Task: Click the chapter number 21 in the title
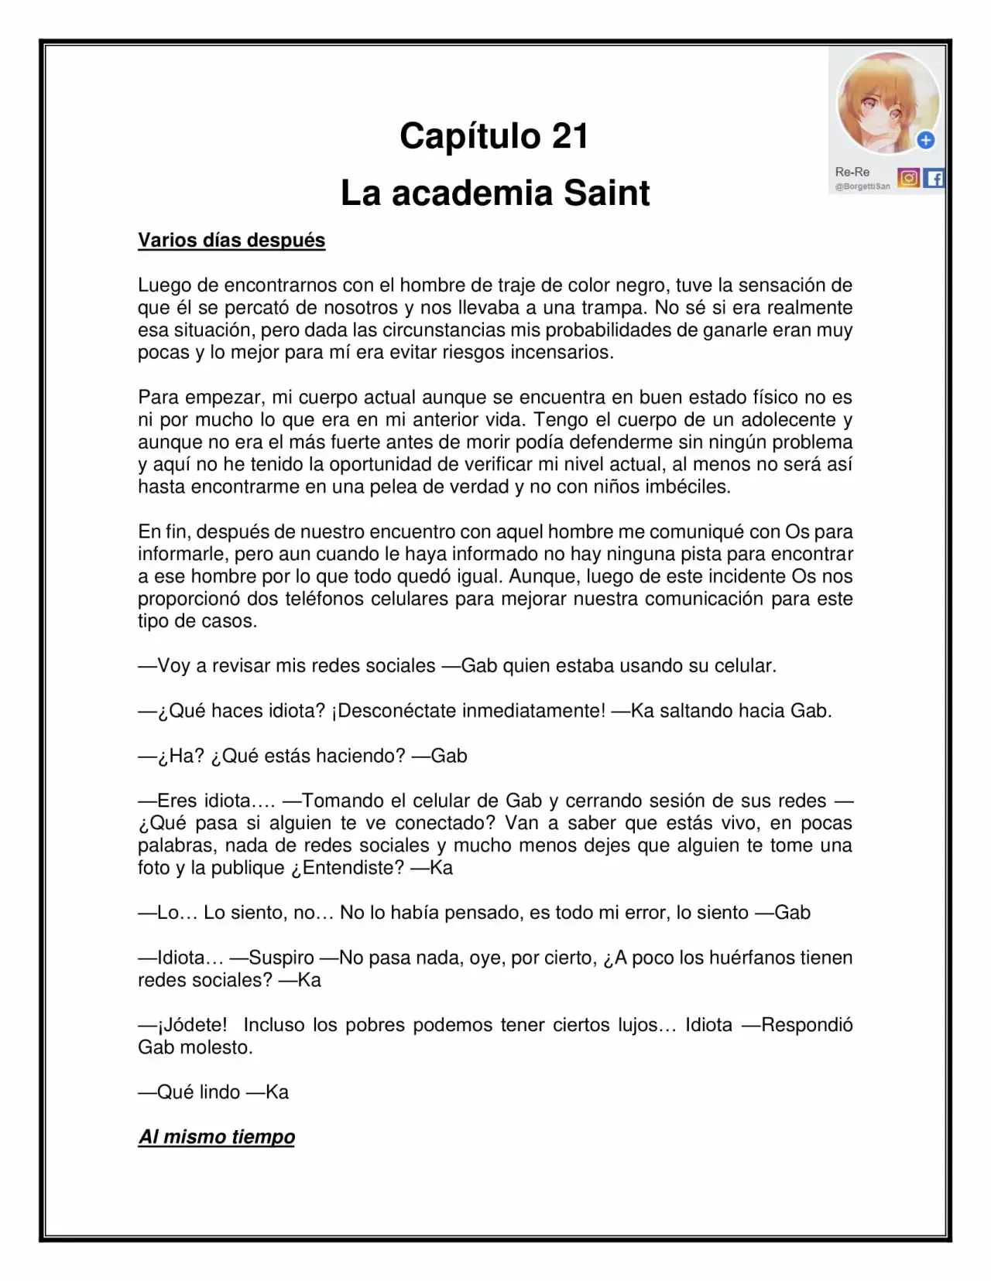(570, 137)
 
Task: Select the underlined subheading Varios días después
(231, 241)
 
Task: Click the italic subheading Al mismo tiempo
(217, 1137)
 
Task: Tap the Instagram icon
(909, 179)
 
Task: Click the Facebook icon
(934, 179)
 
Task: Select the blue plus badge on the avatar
(926, 140)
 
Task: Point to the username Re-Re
(852, 172)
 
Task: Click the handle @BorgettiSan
(862, 186)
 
